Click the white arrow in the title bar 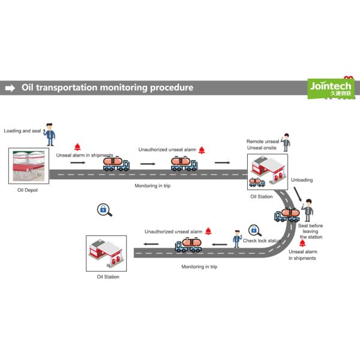tap(10, 88)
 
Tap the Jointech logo tap(331, 88)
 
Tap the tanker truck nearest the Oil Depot tap(116, 163)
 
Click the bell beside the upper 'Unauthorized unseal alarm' tap(202, 150)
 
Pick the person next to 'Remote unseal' tap(287, 142)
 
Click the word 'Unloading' tap(302, 180)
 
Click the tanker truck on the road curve tap(286, 215)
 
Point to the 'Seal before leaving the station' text tap(311, 231)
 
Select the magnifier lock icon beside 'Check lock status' tap(254, 230)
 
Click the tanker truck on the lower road tap(188, 244)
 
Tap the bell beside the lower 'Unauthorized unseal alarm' tap(208, 231)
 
